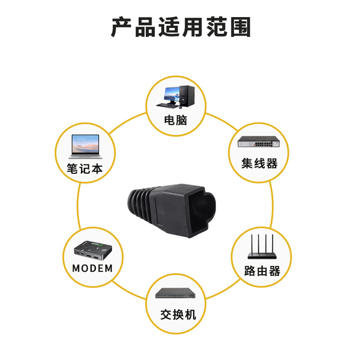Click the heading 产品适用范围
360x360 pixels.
coord(180,27)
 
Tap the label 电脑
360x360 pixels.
coord(175,120)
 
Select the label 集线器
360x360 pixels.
coord(259,163)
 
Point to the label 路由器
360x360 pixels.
coord(262,271)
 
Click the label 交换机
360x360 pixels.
coord(178,314)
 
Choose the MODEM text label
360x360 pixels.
coord(93,269)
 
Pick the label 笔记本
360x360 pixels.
coord(85,169)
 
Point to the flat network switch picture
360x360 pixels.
coord(176,295)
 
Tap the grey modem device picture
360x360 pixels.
coord(92,249)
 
